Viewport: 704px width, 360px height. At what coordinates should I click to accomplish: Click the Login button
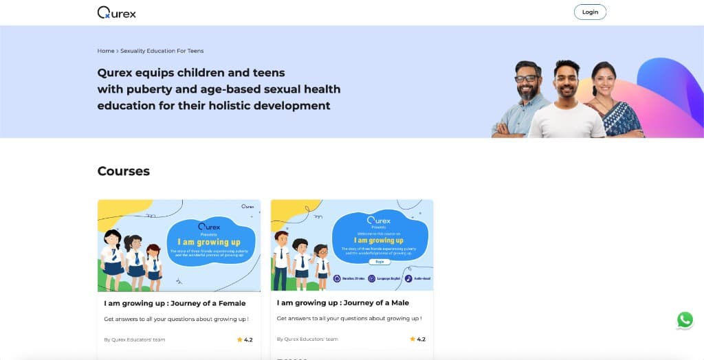pyautogui.click(x=590, y=12)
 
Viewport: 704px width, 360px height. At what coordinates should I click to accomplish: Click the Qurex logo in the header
pyautogui.click(x=117, y=12)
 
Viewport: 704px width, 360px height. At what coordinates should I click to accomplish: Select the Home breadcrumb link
pyautogui.click(x=106, y=51)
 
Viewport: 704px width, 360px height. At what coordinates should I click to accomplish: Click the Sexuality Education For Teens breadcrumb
pyautogui.click(x=162, y=51)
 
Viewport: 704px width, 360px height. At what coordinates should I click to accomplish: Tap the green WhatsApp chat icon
pyautogui.click(x=685, y=319)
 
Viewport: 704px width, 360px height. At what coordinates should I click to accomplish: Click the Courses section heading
pyautogui.click(x=124, y=171)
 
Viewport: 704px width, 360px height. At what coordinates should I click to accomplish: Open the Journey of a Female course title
pyautogui.click(x=175, y=303)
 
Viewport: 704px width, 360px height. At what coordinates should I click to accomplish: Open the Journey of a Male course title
pyautogui.click(x=343, y=303)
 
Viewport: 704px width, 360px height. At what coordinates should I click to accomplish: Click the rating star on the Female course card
pyautogui.click(x=240, y=339)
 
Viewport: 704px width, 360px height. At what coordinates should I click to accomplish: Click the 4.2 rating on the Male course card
pyautogui.click(x=421, y=339)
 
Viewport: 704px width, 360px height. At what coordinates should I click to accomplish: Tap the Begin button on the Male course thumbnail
pyautogui.click(x=379, y=262)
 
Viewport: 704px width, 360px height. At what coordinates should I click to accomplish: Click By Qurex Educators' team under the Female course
pyautogui.click(x=135, y=339)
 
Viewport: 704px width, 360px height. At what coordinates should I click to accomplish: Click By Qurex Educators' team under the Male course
pyautogui.click(x=307, y=339)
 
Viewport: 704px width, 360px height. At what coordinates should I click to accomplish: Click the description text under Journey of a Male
pyautogui.click(x=349, y=319)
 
